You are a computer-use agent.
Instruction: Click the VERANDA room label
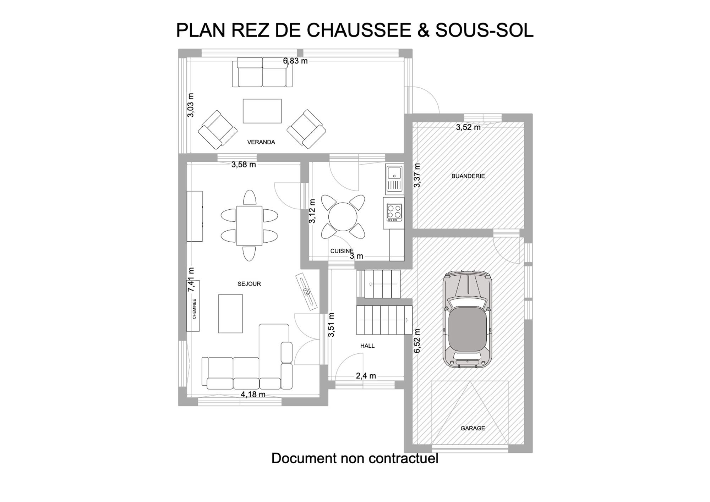[261, 142]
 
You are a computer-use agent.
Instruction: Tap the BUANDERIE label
[468, 176]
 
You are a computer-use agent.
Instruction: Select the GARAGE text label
[473, 428]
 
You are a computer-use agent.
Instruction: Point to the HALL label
[367, 346]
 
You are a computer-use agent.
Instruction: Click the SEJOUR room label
[249, 284]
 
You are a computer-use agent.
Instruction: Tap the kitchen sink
[394, 179]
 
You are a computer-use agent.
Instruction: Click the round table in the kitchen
[343, 216]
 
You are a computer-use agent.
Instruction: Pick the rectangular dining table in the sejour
[249, 226]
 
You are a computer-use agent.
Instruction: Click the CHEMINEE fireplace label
[194, 309]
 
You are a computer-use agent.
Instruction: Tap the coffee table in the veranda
[262, 111]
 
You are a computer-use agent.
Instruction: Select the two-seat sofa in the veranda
[262, 72]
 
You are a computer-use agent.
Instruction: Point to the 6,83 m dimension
[295, 61]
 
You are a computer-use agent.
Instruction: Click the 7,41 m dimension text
[191, 280]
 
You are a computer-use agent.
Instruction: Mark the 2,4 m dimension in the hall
[366, 376]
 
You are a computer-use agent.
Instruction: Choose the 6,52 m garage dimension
[417, 341]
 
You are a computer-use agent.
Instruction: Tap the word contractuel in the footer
[404, 458]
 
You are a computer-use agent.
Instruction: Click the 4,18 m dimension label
[253, 394]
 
